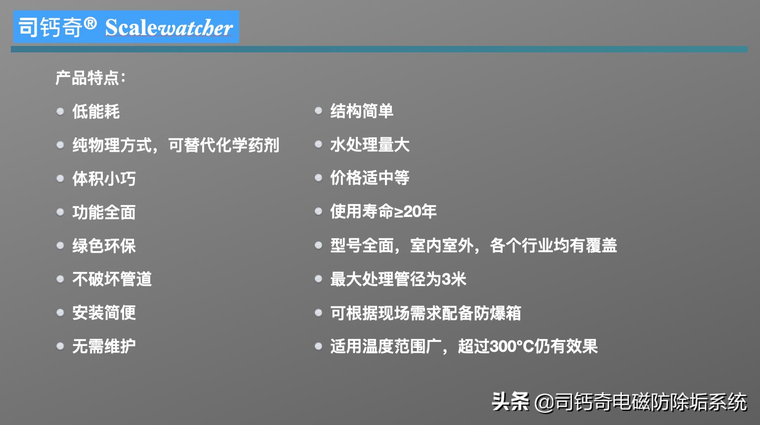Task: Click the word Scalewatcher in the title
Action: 169,28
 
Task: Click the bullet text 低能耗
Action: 96,112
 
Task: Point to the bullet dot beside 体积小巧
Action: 60,178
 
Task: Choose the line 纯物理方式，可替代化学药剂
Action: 175,145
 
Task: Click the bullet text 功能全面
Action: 104,212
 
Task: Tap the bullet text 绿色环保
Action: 104,246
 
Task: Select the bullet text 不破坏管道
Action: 112,279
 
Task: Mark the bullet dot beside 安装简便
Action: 60,312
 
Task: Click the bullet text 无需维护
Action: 104,346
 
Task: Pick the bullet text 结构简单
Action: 362,111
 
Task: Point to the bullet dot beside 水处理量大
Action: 319,145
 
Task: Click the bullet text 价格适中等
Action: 370,178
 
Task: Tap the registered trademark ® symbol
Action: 90,23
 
